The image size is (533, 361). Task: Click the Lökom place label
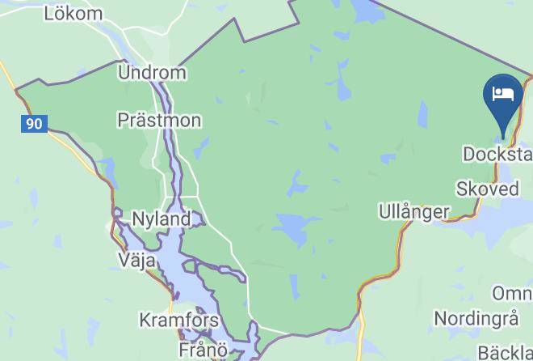click(73, 14)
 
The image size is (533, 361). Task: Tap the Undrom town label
click(152, 73)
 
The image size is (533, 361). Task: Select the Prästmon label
click(159, 121)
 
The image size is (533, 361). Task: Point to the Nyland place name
click(161, 219)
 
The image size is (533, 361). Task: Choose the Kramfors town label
click(178, 320)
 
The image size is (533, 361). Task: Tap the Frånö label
click(205, 350)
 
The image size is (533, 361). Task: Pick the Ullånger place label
click(413, 212)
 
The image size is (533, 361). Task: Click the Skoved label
click(488, 189)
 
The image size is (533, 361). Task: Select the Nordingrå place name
click(475, 318)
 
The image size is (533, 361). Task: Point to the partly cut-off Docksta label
click(497, 154)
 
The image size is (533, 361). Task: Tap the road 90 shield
click(34, 124)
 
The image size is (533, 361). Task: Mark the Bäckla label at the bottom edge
click(505, 352)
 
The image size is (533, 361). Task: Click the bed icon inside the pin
click(504, 92)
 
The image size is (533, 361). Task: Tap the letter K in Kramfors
click(145, 320)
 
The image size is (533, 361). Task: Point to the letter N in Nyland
click(136, 219)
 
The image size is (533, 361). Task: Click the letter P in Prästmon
click(123, 121)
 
